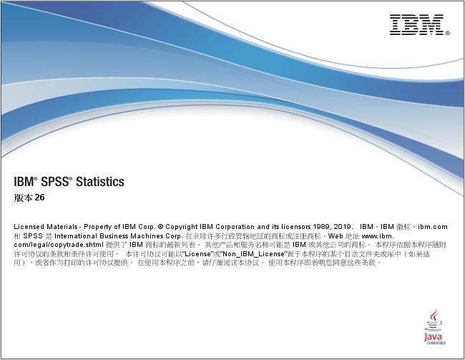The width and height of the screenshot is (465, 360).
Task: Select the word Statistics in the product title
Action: point(100,182)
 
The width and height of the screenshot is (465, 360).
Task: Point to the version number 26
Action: point(39,198)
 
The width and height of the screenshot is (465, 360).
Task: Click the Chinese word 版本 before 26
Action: point(23,198)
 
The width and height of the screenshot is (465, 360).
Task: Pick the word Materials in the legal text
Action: point(60,226)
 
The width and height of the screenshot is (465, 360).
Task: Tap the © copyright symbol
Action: point(160,226)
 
